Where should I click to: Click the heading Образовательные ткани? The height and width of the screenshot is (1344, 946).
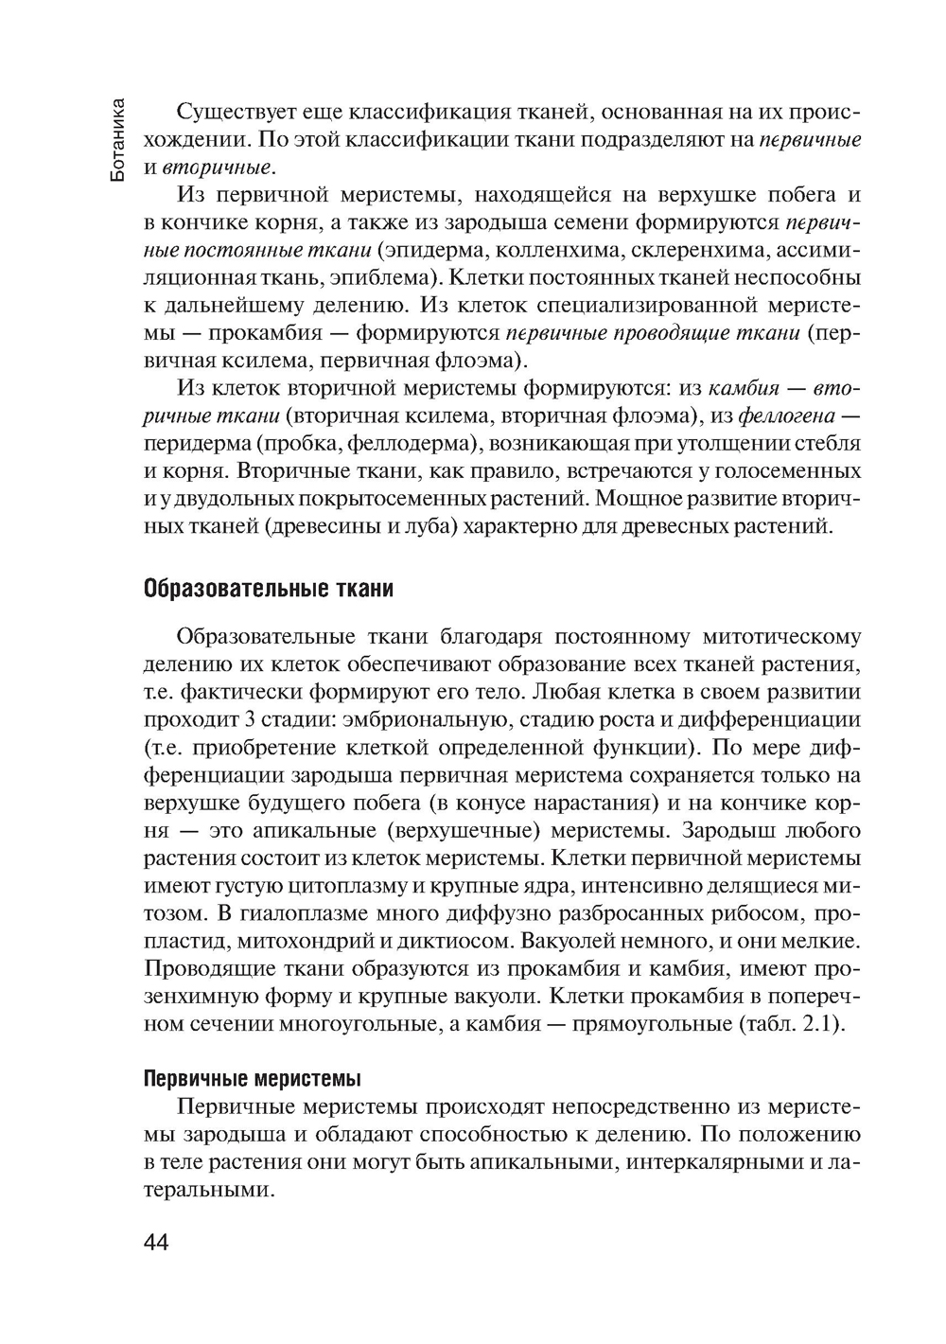268,589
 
